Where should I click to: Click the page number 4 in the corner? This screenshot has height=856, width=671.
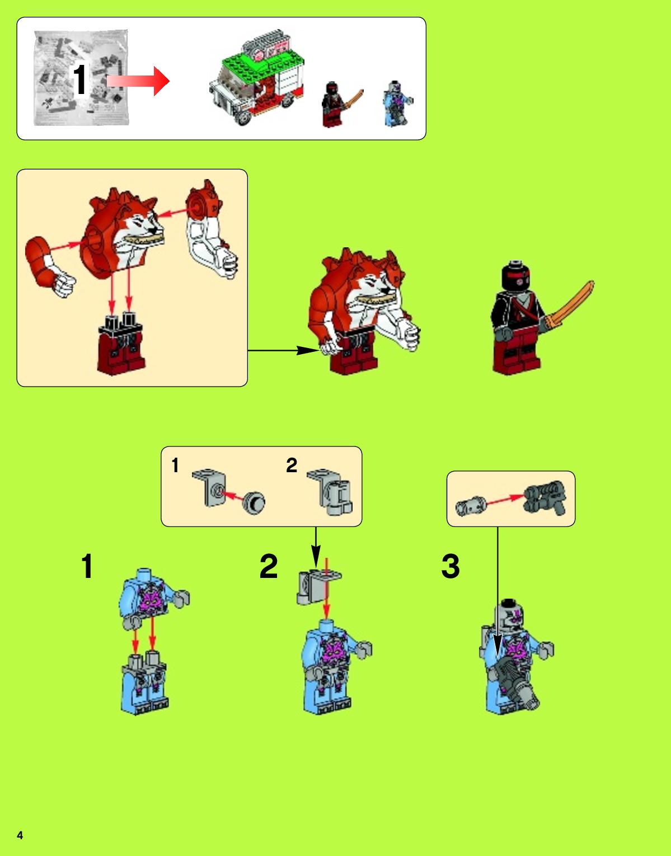(20, 835)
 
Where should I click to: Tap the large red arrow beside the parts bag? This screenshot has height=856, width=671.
(138, 81)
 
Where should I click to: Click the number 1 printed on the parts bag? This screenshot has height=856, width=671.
(80, 79)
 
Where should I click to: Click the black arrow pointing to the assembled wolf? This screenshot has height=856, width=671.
(283, 350)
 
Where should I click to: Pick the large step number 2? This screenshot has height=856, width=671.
(269, 566)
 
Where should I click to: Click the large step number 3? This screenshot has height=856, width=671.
(451, 566)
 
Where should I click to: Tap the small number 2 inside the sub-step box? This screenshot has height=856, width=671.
(292, 465)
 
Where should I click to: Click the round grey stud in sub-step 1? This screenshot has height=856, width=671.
(254, 502)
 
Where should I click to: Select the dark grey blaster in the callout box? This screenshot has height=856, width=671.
(545, 497)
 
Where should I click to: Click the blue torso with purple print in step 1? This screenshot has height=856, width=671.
(148, 598)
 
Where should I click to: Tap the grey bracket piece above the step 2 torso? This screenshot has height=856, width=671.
(318, 587)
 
